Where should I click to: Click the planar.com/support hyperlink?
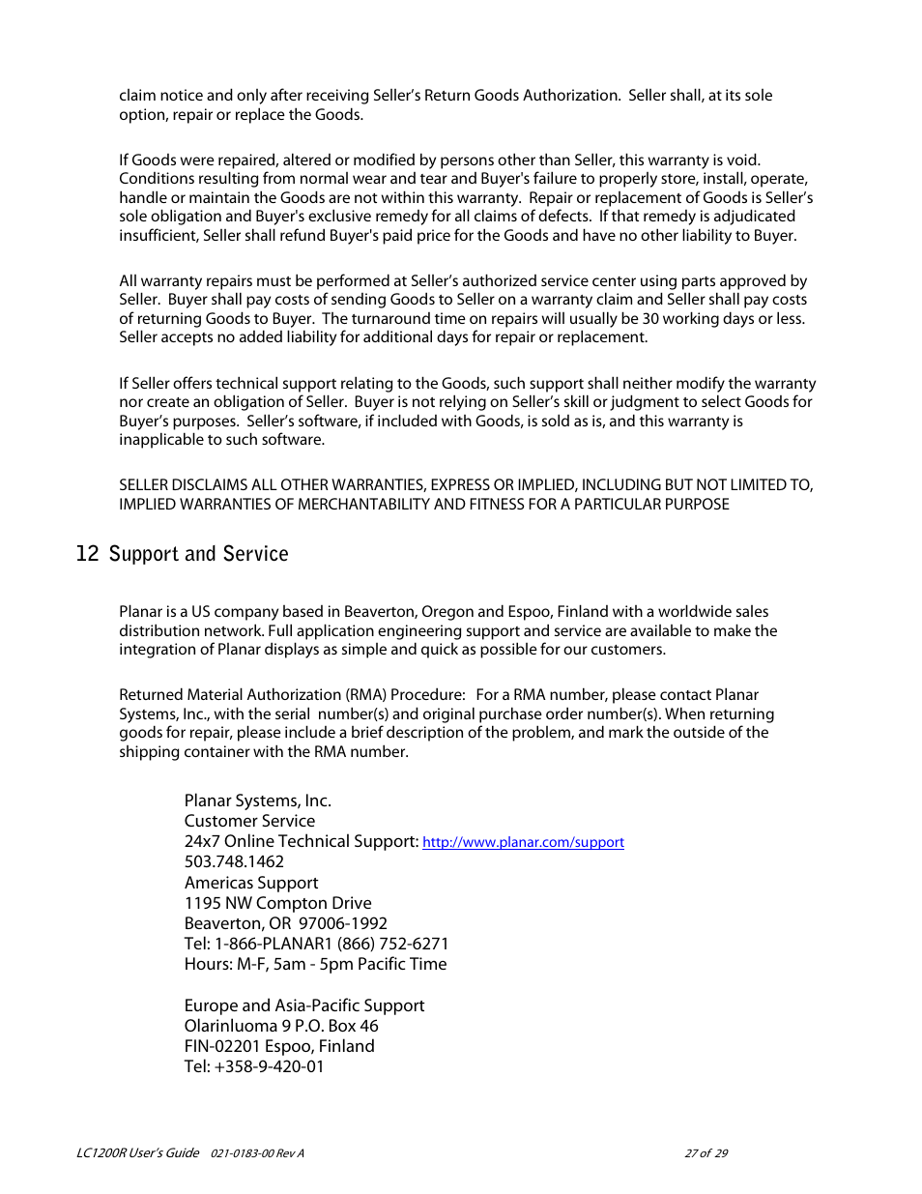tap(523, 842)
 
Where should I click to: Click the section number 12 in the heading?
tap(87, 553)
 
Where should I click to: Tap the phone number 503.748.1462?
tap(234, 861)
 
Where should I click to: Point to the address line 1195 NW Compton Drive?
tap(277, 903)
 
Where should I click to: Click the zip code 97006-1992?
tap(342, 923)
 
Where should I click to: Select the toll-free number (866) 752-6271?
tap(392, 944)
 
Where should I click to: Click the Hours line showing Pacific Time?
tap(315, 964)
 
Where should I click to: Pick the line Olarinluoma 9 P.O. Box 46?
tap(281, 1026)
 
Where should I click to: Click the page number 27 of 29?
tap(706, 1153)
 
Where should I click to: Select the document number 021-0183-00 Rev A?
tap(257, 1153)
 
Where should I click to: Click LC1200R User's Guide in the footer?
tap(137, 1152)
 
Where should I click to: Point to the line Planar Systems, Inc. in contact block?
tap(257, 801)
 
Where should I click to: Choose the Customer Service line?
tap(249, 821)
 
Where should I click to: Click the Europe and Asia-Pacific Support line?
tap(303, 1005)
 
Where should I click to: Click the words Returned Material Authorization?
tap(230, 694)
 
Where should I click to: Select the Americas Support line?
tap(251, 883)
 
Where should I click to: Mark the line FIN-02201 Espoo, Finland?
tap(279, 1046)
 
